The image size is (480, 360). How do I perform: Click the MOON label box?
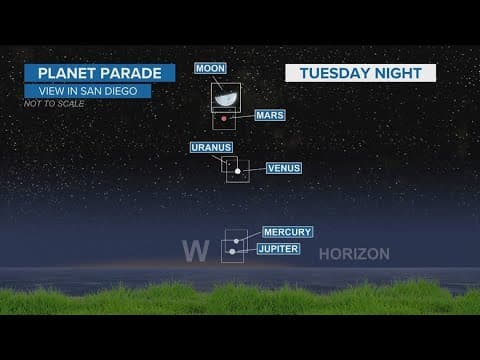(x=211, y=68)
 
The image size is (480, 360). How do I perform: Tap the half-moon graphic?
(x=226, y=98)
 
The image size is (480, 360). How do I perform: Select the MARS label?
(x=270, y=116)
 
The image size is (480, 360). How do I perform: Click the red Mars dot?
(x=225, y=119)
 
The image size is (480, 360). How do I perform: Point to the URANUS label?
(x=211, y=147)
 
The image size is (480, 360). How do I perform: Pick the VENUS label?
(x=284, y=168)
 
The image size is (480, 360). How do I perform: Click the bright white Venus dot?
(x=238, y=172)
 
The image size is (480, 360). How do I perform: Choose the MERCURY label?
(x=287, y=232)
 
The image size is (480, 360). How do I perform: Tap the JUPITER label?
(x=278, y=248)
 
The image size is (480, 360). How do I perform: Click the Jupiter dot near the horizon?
(x=232, y=251)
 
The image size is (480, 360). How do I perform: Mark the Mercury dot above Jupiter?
(x=236, y=240)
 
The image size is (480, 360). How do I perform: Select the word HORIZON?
(x=353, y=254)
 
